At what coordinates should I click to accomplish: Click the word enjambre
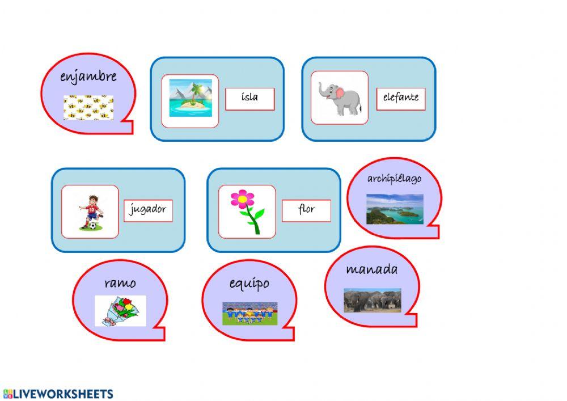tap(88, 77)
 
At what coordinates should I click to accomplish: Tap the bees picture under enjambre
tap(88, 107)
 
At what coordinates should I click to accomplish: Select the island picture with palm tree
tap(191, 98)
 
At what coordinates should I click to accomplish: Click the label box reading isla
tap(250, 99)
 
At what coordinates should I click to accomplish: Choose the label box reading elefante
tap(401, 99)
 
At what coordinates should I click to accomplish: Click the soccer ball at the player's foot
tap(93, 226)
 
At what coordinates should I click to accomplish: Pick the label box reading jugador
tap(148, 210)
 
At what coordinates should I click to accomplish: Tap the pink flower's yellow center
tap(243, 199)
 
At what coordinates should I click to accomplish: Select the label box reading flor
tap(306, 210)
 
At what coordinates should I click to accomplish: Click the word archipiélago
tap(394, 179)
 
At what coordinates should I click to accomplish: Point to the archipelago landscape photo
tap(395, 209)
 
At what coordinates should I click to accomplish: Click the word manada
tap(372, 269)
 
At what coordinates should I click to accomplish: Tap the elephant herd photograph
tap(373, 300)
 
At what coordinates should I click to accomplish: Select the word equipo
tap(249, 284)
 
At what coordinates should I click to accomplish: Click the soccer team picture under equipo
tap(250, 314)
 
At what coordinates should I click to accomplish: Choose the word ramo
tap(120, 283)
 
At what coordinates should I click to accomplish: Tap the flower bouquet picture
tap(120, 311)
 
